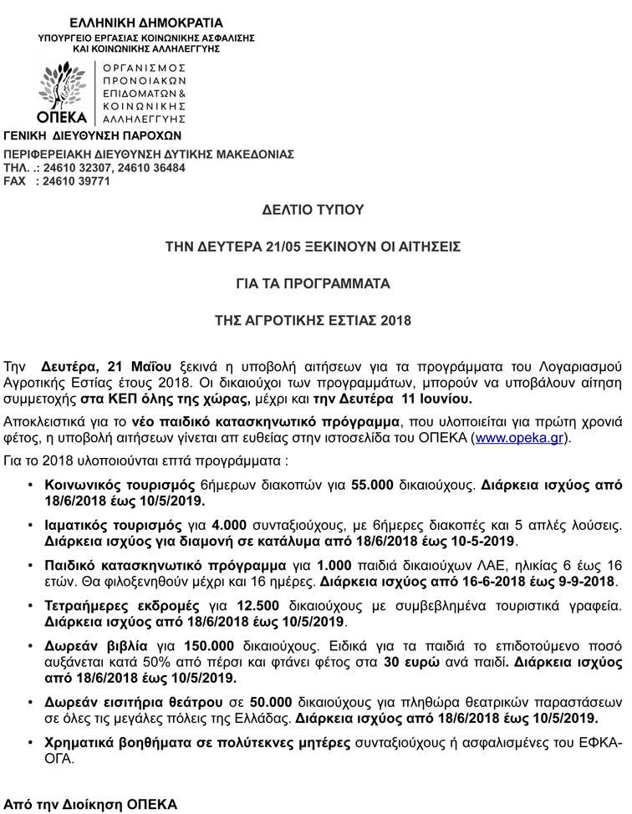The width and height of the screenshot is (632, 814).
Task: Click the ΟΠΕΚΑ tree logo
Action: (x=64, y=87)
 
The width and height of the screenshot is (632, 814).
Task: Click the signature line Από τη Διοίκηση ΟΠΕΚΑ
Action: (x=90, y=805)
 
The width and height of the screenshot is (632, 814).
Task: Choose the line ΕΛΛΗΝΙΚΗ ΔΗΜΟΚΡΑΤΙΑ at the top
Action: (x=146, y=23)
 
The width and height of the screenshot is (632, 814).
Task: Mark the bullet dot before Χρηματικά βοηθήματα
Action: (x=31, y=743)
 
